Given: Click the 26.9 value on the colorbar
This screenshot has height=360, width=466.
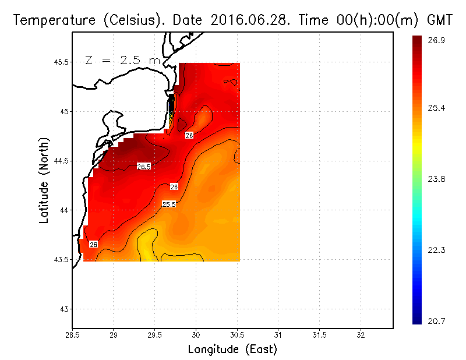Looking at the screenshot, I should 437,40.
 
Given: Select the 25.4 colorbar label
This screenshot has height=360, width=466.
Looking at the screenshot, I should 437,108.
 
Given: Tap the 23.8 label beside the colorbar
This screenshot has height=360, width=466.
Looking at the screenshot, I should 437,179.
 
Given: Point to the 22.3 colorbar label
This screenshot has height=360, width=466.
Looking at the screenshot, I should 437,250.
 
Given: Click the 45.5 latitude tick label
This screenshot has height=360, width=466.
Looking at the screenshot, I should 61,62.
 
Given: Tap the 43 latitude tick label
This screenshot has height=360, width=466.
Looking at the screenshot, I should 64,309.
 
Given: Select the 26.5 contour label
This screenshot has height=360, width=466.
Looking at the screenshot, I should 143,167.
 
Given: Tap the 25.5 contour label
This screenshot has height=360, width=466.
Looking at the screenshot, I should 169,204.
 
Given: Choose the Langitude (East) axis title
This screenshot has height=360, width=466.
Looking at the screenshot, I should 232,350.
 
